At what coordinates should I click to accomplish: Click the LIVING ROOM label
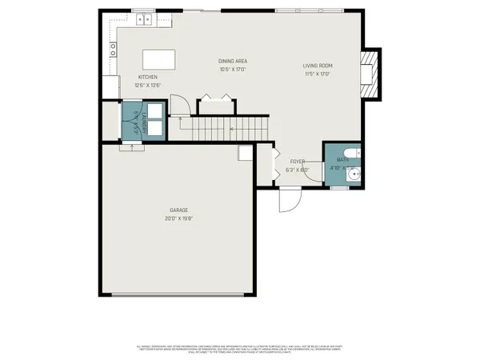tap(318, 66)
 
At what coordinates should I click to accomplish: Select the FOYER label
tap(298, 162)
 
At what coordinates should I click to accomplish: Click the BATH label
tap(342, 160)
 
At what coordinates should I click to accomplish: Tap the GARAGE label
tap(178, 210)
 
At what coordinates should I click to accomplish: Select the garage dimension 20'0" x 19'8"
tap(178, 218)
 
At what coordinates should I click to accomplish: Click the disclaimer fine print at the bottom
tap(240, 349)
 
